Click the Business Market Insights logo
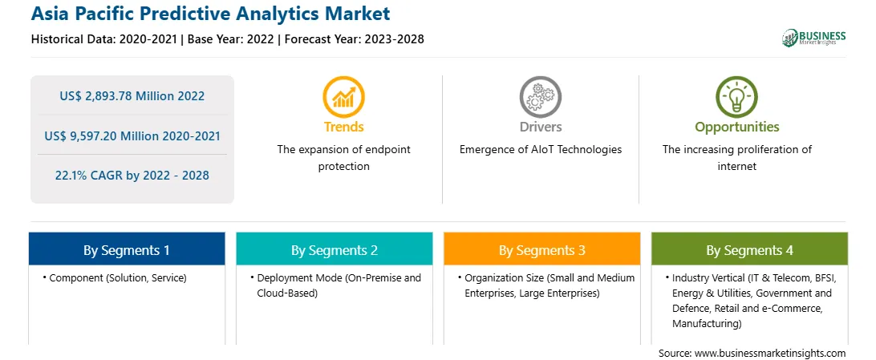tap(814, 38)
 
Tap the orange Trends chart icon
tap(343, 97)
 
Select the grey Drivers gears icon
tap(540, 97)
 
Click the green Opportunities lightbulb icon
tap(736, 97)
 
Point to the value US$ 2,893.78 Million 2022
tap(132, 96)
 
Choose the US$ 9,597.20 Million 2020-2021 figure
tap(132, 136)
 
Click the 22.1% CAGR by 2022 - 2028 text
tap(132, 176)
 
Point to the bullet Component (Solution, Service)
tap(115, 277)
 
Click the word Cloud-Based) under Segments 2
tap(287, 293)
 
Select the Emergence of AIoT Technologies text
tap(541, 150)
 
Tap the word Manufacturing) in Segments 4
tap(708, 323)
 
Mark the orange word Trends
tap(343, 127)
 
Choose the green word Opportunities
tap(737, 127)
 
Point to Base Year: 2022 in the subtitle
tap(231, 39)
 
